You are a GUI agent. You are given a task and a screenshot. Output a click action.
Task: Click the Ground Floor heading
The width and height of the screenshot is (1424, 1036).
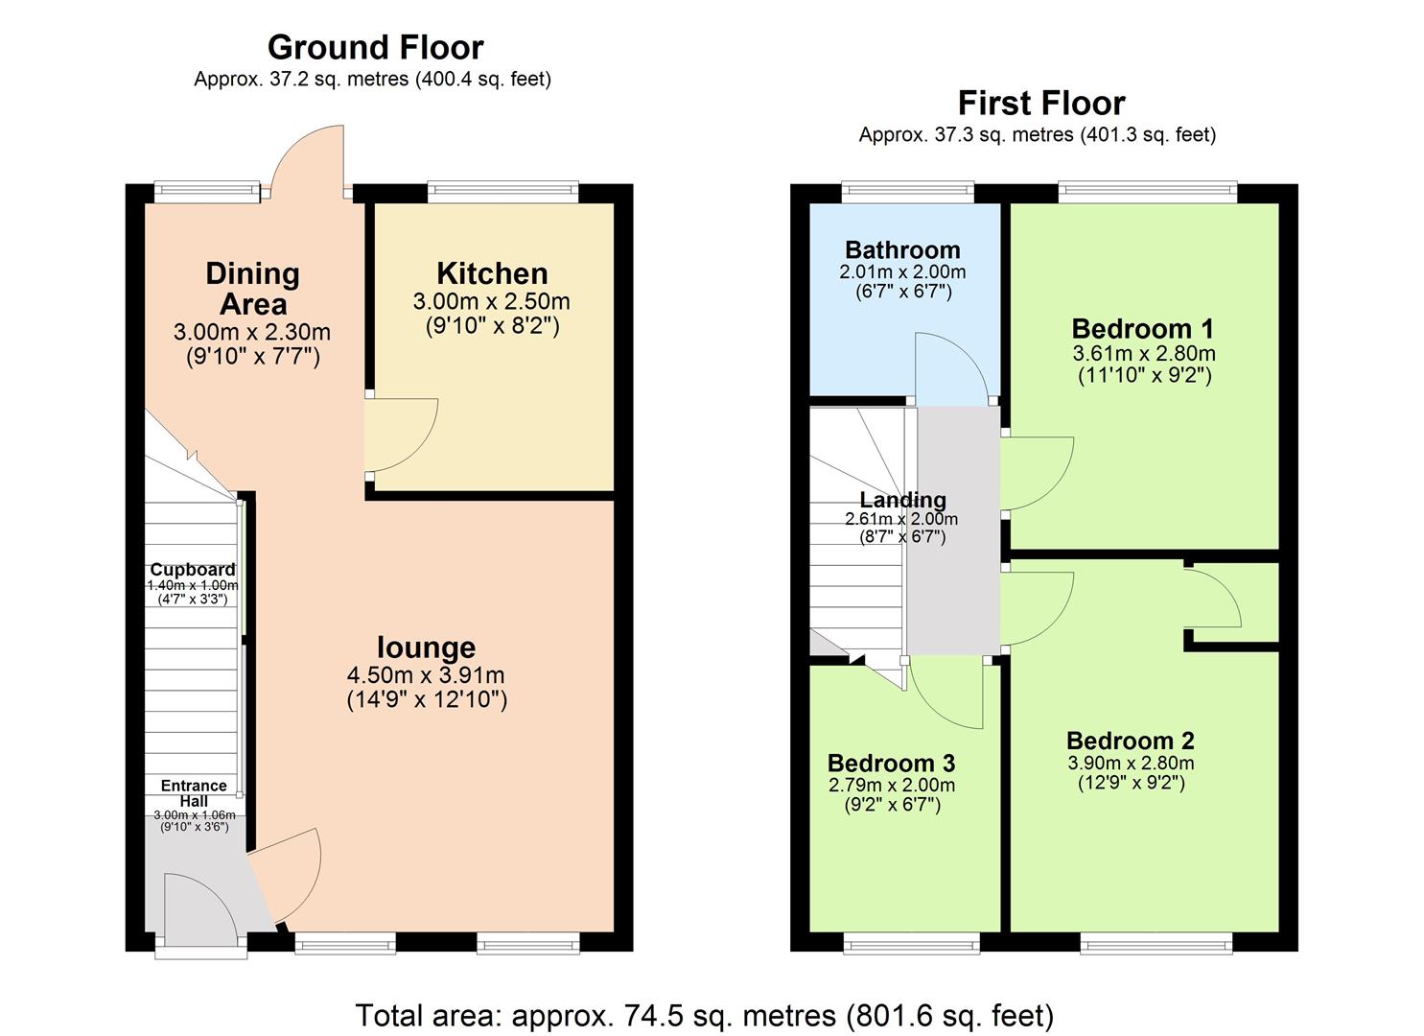(375, 47)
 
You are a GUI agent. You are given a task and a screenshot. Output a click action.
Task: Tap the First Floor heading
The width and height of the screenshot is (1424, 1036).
(1041, 103)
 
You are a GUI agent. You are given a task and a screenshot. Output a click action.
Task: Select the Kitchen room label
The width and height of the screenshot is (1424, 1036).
(492, 273)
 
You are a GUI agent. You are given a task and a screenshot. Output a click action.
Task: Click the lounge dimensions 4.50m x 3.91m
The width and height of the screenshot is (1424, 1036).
(427, 675)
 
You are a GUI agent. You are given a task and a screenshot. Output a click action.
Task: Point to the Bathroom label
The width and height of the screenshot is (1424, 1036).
(902, 250)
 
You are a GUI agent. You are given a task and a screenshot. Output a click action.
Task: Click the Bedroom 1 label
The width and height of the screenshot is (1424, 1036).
(1143, 329)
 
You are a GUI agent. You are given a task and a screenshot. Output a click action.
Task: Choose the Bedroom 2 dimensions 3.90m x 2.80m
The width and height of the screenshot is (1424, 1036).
(1131, 764)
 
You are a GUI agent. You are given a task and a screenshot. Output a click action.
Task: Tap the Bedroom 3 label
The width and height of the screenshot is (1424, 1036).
(891, 764)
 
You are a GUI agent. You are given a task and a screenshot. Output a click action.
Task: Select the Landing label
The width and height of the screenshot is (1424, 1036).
(902, 500)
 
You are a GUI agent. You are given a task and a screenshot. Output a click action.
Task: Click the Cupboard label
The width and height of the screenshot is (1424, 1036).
(193, 570)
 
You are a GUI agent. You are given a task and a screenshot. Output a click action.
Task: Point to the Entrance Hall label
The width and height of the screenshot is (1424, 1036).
(194, 793)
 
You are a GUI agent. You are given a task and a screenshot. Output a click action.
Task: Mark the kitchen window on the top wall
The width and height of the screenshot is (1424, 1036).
(503, 192)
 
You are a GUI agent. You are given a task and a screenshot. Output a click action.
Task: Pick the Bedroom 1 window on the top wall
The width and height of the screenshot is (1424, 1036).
(1148, 192)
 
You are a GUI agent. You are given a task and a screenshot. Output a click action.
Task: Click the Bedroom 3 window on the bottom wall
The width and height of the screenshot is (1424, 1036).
(912, 944)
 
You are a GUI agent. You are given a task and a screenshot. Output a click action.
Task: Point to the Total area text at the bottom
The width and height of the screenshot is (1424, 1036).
(705, 1015)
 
